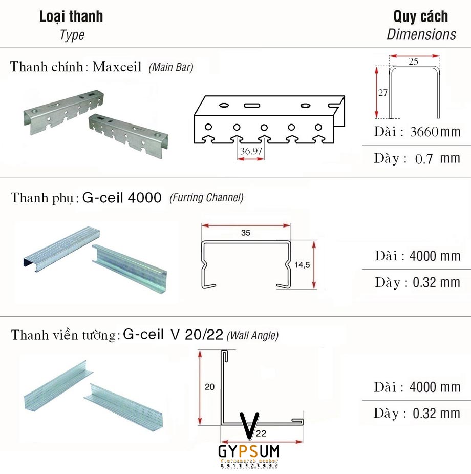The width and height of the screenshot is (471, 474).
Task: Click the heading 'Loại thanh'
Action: click(71, 16)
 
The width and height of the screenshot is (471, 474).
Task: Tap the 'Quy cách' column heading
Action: click(420, 16)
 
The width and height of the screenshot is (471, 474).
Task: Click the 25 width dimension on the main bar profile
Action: click(414, 61)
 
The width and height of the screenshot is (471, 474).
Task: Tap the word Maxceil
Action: click(117, 68)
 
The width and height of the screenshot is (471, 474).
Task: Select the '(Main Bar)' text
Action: click(171, 68)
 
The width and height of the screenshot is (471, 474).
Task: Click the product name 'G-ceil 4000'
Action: click(121, 198)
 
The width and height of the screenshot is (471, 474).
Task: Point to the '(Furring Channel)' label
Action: click(206, 198)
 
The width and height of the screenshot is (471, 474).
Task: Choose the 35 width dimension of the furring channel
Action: click(245, 233)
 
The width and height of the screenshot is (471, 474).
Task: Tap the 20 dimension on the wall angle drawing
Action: click(209, 387)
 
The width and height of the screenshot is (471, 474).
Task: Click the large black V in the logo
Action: click(248, 424)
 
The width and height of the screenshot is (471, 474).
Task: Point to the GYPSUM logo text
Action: click(248, 451)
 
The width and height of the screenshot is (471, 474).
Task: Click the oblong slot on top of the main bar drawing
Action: click(251, 105)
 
